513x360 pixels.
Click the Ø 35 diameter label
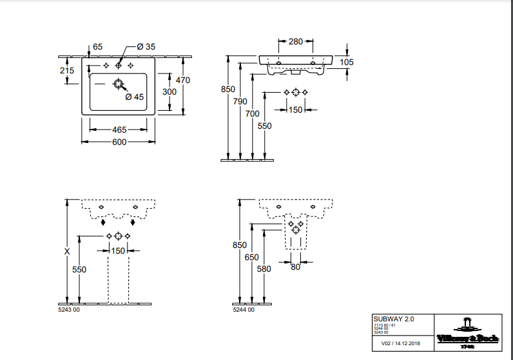[x=146, y=47]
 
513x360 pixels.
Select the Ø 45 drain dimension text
[x=134, y=97]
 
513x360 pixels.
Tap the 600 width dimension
[x=119, y=142]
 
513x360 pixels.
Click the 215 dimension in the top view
[x=67, y=71]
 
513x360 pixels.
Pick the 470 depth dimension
[x=184, y=81]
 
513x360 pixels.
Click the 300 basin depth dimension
[x=169, y=91]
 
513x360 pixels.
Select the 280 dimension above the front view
[x=295, y=42]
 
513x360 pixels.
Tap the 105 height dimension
[x=347, y=62]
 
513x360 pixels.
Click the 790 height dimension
[x=240, y=101]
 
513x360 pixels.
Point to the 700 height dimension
[x=253, y=113]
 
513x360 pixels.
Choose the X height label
[x=67, y=252]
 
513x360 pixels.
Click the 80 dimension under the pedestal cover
[x=295, y=267]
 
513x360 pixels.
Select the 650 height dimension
[x=252, y=258]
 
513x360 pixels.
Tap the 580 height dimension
[x=264, y=270]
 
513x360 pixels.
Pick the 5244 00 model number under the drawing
[x=244, y=310]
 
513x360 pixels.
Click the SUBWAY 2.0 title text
[x=394, y=319]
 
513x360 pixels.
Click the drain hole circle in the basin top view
[x=118, y=84]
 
